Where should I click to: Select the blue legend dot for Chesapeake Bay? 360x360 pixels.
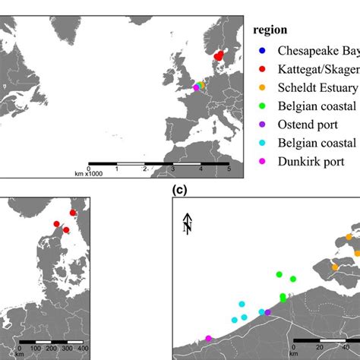(x=262, y=52)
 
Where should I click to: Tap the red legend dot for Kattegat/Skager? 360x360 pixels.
(x=262, y=70)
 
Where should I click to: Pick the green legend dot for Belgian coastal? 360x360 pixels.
(x=262, y=106)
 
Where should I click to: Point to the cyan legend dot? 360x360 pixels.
(x=262, y=143)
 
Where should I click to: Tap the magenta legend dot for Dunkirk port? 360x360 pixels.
(x=262, y=161)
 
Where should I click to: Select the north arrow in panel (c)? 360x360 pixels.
(x=187, y=223)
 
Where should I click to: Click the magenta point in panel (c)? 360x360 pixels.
(x=209, y=339)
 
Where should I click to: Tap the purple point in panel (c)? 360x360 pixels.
(x=267, y=312)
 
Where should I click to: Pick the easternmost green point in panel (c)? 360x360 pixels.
(x=294, y=279)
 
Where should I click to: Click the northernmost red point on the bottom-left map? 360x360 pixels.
(x=73, y=213)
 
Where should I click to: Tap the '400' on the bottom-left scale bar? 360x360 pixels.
(x=83, y=348)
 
